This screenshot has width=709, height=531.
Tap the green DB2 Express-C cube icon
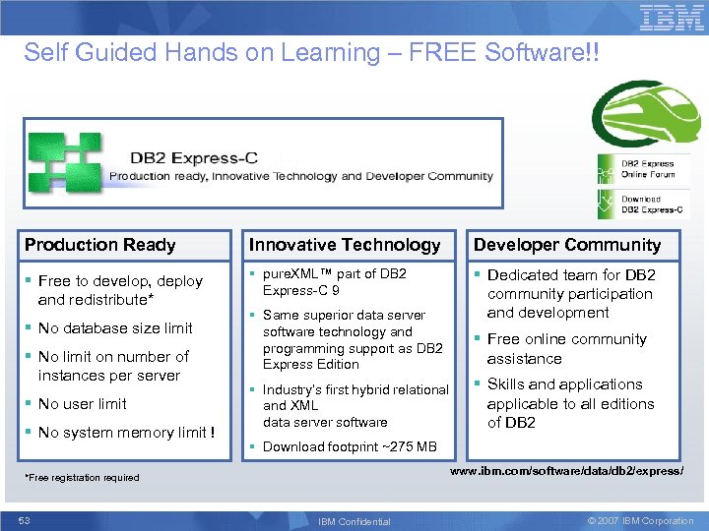[64, 163]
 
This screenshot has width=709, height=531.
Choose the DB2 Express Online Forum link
[647, 169]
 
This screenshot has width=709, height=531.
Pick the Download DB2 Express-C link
[647, 204]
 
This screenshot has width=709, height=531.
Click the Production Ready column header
[99, 245]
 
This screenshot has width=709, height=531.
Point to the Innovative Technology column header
[345, 245]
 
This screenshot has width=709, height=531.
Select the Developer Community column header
[566, 245]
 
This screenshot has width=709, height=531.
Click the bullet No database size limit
[114, 328]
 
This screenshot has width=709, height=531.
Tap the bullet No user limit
[82, 404]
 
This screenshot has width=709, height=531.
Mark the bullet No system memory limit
[126, 433]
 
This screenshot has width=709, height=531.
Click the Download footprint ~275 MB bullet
[349, 446]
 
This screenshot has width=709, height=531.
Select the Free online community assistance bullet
[566, 348]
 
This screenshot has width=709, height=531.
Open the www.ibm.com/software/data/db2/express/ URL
[566, 471]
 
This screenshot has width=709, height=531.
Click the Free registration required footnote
[82, 478]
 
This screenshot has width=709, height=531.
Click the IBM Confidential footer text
[354, 521]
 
